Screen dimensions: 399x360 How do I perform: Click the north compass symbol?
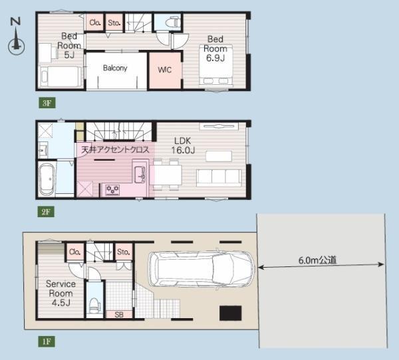click(16, 37)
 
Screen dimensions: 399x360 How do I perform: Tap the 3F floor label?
click(47, 103)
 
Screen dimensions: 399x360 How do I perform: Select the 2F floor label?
click(46, 212)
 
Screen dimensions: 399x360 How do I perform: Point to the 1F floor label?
click(47, 341)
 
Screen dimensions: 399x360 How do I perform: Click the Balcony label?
click(115, 68)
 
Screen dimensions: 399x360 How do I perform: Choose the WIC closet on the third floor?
click(165, 70)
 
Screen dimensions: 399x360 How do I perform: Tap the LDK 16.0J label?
click(183, 145)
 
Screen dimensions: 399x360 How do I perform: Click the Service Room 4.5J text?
click(61, 293)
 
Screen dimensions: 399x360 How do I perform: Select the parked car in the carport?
click(201, 270)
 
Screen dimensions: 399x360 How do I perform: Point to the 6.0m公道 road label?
click(317, 260)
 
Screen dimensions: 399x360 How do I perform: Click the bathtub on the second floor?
click(47, 179)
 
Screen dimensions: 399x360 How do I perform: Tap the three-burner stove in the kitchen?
click(112, 190)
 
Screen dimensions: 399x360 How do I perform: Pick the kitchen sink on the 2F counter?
click(140, 175)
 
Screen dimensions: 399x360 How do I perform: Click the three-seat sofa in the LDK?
click(219, 178)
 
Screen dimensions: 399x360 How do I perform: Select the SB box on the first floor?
click(119, 314)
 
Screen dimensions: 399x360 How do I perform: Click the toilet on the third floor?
click(173, 23)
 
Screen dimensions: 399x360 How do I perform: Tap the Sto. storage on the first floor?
click(124, 252)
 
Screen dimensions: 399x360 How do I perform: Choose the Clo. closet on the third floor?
click(94, 23)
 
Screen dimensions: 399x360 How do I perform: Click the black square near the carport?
click(231, 313)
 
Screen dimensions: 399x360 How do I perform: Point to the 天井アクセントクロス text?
click(115, 149)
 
